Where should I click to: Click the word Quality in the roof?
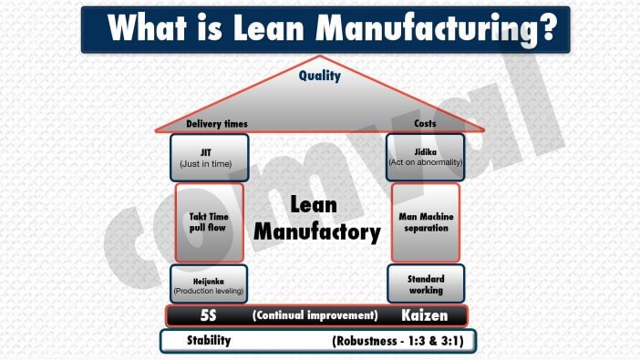[320, 76]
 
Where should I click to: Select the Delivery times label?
[217, 124]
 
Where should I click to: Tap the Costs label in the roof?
[425, 123]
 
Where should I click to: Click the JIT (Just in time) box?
[210, 158]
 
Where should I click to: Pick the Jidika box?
[426, 157]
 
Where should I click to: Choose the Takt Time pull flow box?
[210, 222]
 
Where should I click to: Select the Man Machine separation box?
[426, 222]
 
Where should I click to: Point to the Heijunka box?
[209, 284]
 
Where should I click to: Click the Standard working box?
[426, 284]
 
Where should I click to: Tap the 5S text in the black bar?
[208, 315]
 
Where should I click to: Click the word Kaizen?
[425, 315]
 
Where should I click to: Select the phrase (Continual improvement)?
[315, 315]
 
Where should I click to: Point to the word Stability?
[209, 340]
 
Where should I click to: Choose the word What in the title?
[148, 27]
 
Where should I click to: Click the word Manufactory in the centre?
[317, 232]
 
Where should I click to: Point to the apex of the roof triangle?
[320, 56]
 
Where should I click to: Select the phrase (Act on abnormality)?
[426, 162]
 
